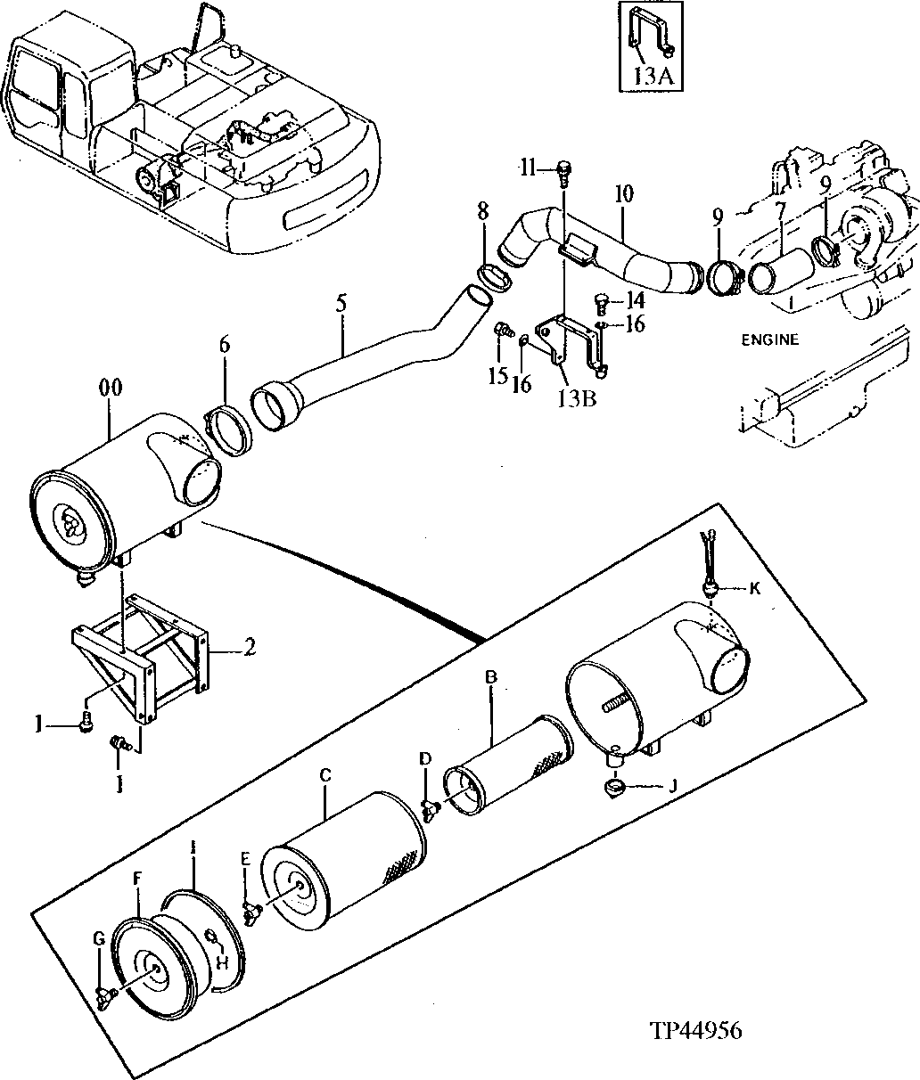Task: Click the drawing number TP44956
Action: (x=695, y=1031)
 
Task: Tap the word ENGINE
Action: (x=771, y=340)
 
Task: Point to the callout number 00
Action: (x=111, y=389)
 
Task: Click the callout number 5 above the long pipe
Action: (x=341, y=302)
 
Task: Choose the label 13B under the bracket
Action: (x=576, y=398)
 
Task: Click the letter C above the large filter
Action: (x=326, y=776)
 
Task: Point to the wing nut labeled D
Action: (x=432, y=808)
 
